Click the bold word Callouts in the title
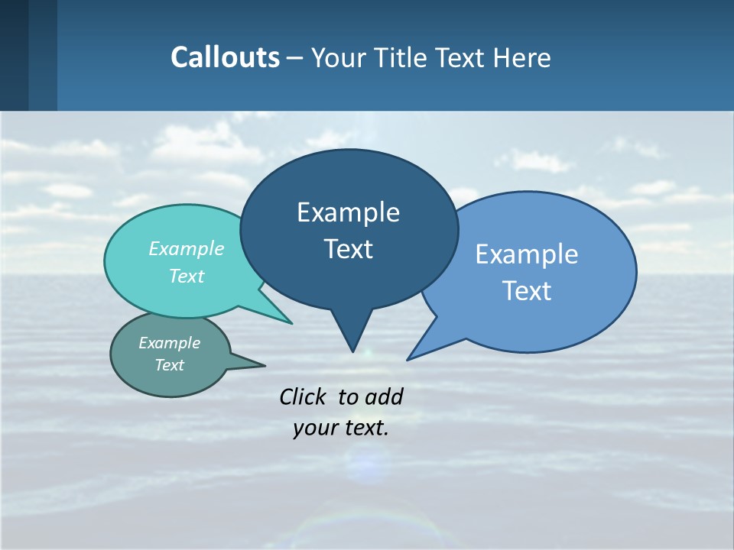[225, 57]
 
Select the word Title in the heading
[401, 58]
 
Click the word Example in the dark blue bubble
[348, 212]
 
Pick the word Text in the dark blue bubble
[348, 249]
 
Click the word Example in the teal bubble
[187, 248]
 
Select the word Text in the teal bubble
[187, 276]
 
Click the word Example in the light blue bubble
[527, 254]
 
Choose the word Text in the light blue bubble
[527, 291]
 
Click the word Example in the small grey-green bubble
[170, 343]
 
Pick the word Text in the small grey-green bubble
[170, 365]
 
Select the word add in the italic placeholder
[384, 396]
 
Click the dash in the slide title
[295, 58]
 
